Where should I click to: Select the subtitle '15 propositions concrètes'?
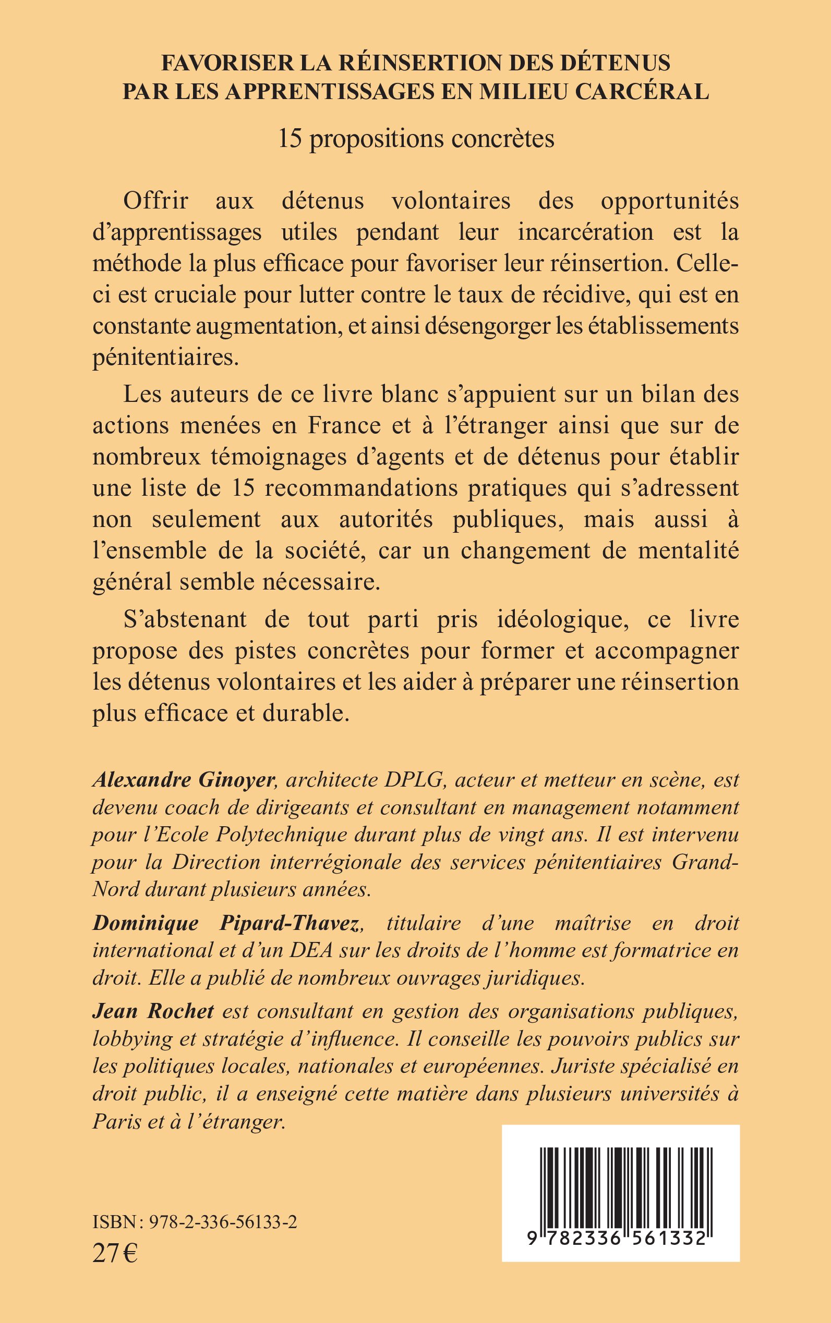416,139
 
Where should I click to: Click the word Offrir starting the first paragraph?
155,201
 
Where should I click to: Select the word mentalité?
688,551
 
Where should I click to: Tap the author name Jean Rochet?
153,1011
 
